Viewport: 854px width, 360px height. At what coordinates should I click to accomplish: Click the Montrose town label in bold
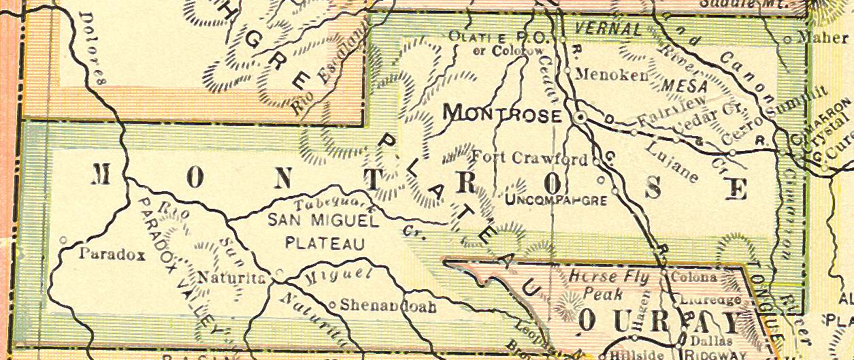click(x=502, y=114)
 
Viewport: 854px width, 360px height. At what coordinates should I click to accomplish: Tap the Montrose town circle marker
click(x=580, y=118)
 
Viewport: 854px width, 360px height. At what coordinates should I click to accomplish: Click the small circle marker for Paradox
click(x=63, y=240)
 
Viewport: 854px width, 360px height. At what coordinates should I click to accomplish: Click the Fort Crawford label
click(x=529, y=159)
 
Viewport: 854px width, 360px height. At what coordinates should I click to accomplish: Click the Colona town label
click(x=694, y=278)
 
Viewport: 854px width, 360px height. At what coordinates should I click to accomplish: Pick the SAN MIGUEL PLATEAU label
click(x=323, y=231)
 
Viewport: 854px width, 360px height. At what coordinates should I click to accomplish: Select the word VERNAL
click(x=608, y=29)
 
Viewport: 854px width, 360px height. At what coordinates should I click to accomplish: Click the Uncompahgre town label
click(x=556, y=199)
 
